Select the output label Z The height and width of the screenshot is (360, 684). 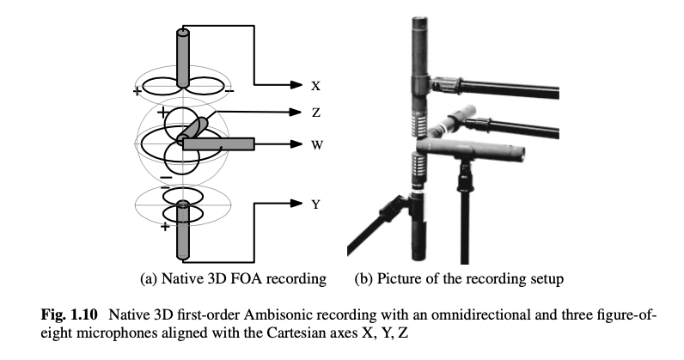(316, 112)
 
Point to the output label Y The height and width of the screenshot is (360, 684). (316, 204)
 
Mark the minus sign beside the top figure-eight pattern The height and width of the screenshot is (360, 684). (229, 89)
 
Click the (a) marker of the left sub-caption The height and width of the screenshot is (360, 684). (149, 278)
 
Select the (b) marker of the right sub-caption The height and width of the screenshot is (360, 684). (364, 278)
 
